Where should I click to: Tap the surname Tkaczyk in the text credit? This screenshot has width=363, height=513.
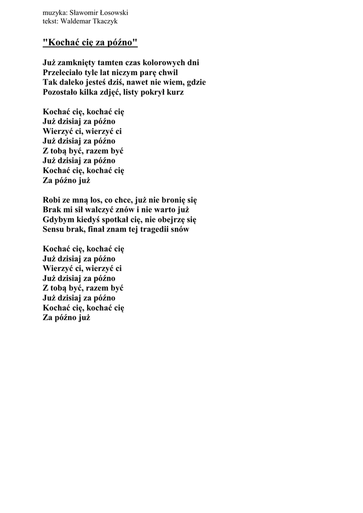pyautogui.click(x=104, y=22)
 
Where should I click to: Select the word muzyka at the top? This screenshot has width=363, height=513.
pyautogui.click(x=54, y=13)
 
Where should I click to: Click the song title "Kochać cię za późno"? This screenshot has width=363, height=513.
pyautogui.click(x=90, y=43)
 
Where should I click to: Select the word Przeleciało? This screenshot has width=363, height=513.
pyautogui.click(x=64, y=73)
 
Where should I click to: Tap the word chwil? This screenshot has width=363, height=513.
pyautogui.click(x=167, y=73)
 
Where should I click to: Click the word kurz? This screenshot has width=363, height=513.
pyautogui.click(x=174, y=92)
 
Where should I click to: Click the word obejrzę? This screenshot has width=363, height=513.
pyautogui.click(x=169, y=219)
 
